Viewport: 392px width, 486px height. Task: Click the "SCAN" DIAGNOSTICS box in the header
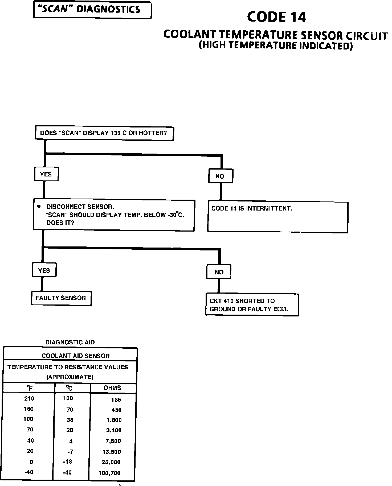coord(92,10)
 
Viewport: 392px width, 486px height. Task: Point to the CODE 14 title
coord(276,17)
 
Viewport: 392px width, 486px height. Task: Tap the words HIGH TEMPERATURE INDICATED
coord(276,46)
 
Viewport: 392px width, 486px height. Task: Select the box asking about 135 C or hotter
coord(104,133)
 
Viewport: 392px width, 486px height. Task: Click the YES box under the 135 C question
coord(46,174)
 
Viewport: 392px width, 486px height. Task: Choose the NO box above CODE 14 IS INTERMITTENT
coord(220,176)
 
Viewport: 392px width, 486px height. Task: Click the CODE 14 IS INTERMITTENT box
coord(277,217)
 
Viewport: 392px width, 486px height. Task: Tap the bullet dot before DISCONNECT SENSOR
coord(39,207)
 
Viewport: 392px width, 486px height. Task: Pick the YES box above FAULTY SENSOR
coord(44,270)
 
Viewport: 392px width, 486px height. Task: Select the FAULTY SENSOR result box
coord(61,298)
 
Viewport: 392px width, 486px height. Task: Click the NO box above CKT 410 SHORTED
coord(219,272)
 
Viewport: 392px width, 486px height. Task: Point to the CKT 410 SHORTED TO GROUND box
coord(252,305)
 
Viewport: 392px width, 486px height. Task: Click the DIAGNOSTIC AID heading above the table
coord(70,342)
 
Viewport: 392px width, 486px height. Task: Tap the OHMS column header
coord(112,388)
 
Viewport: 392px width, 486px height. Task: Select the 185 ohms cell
coord(116,399)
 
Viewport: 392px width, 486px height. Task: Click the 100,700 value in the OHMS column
coord(109,473)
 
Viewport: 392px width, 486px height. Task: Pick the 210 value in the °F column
coord(29,398)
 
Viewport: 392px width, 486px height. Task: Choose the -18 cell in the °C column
coord(68,462)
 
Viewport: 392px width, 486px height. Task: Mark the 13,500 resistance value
coord(112,452)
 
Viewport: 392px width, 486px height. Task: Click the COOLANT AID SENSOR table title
coord(76,356)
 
